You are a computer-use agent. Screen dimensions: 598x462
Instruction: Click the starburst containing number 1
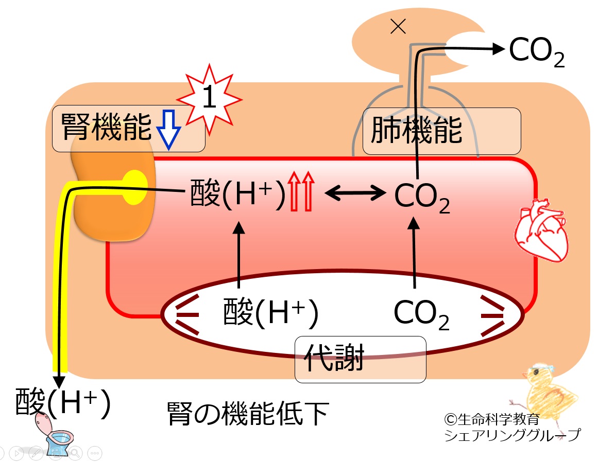coord(209,99)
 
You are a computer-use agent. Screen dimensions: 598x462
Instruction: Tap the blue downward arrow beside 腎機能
coord(168,130)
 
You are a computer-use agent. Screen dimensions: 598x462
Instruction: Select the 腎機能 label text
coord(107,127)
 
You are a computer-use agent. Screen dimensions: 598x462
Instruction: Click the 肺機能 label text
coord(417,131)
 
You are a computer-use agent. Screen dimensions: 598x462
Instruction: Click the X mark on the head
coord(398,27)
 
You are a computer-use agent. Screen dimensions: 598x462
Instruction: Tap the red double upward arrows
coord(301,191)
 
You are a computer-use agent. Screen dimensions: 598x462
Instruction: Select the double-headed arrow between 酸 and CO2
coord(355,192)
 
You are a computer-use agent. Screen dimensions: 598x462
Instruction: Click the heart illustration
coord(541,230)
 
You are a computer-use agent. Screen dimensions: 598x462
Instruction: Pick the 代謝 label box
coord(361,359)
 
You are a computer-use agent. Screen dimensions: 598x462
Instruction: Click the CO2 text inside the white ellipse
coord(421,314)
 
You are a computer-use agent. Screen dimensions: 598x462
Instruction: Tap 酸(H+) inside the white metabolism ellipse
coord(271,313)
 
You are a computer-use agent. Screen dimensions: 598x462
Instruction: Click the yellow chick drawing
coord(543,393)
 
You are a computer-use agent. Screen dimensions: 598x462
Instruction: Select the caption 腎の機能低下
coord(248,413)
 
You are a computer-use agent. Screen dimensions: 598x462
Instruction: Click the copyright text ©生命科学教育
coord(492,419)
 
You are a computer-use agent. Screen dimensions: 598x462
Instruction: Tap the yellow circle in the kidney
coord(134,187)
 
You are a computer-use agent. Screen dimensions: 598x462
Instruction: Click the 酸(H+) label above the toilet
coord(63,402)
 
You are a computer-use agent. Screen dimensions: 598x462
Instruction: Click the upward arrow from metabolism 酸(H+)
coord(239,255)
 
